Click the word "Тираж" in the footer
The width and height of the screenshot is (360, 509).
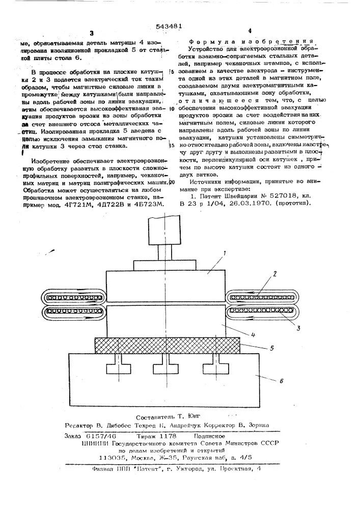coord(147,436)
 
